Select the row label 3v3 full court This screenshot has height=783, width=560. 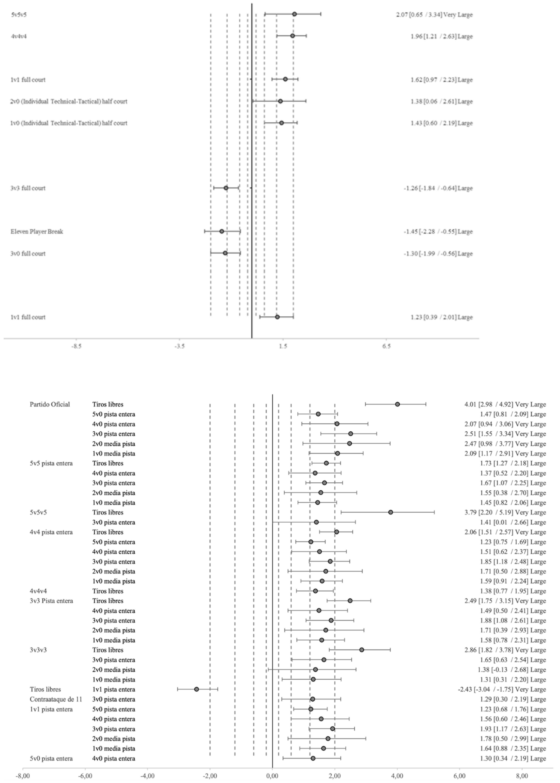28,188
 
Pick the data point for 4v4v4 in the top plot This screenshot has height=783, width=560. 292,36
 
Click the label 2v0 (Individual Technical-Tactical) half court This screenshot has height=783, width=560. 69,101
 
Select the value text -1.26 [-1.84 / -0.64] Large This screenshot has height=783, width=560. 438,188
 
